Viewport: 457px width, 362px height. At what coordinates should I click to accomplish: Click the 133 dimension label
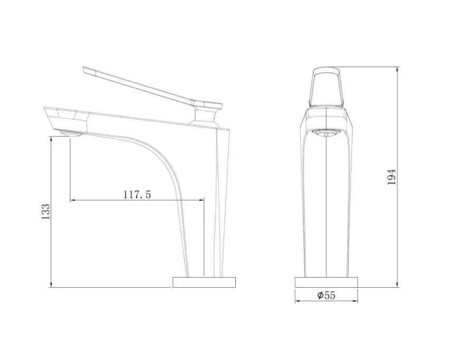46,211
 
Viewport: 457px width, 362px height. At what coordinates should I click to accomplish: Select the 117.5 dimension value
137,194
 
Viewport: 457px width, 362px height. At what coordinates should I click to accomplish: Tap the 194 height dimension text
392,177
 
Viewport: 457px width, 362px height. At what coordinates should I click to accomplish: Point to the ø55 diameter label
327,296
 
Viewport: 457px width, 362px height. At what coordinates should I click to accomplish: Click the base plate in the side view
204,282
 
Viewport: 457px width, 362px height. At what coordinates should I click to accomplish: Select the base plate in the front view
326,282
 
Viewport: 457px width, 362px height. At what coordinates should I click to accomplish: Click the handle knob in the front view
326,87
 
